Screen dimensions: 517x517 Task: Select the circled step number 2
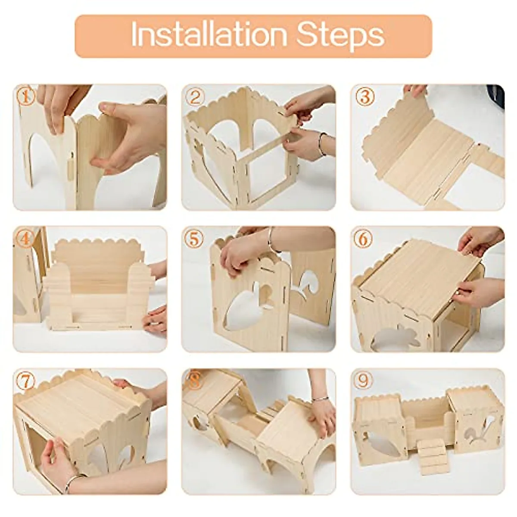click(195, 98)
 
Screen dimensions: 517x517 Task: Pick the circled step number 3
click(364, 97)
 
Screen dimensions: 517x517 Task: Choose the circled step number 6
click(364, 239)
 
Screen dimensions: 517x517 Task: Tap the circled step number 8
click(195, 381)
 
